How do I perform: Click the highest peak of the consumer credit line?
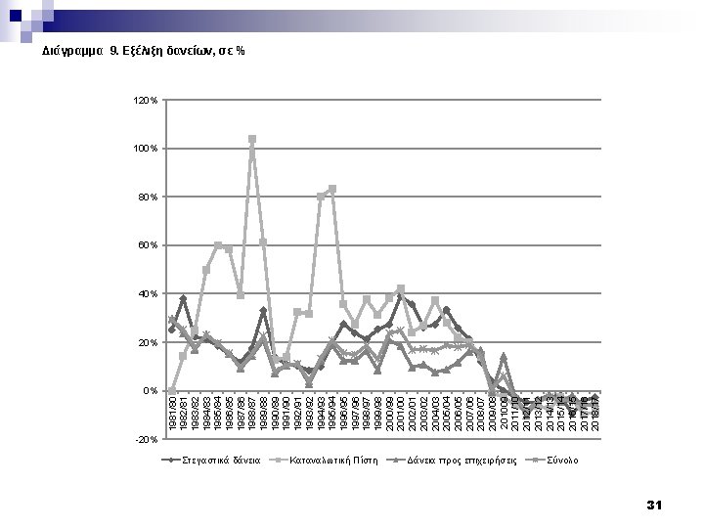(x=252, y=139)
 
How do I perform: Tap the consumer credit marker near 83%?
(x=332, y=189)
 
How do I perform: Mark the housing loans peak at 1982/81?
(x=183, y=298)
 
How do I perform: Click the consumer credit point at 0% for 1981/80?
(x=172, y=391)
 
